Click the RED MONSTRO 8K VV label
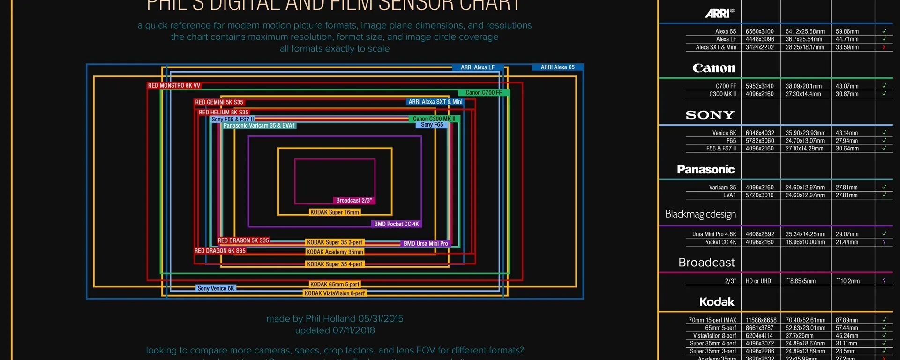click(x=174, y=86)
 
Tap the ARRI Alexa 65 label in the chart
click(x=557, y=67)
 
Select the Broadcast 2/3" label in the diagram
click(x=354, y=201)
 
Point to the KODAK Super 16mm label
click(x=335, y=212)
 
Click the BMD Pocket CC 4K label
click(x=397, y=224)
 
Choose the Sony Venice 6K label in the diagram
click(x=216, y=288)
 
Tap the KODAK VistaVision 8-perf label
click(x=335, y=293)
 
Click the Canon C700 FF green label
click(x=484, y=93)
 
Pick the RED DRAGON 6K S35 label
click(x=220, y=251)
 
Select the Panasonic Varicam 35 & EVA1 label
click(x=259, y=126)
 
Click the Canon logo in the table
click(x=713, y=68)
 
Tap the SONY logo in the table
click(x=710, y=115)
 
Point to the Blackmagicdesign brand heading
click(x=700, y=214)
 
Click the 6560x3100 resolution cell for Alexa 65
click(x=760, y=31)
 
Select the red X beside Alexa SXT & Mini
click(x=884, y=47)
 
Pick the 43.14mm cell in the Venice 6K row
click(x=847, y=133)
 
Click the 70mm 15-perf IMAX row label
click(x=712, y=320)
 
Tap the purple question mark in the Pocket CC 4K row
click(x=884, y=242)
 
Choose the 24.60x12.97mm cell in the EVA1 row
click(x=805, y=195)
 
